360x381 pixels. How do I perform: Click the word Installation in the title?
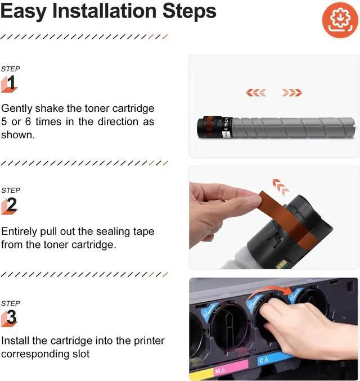coord(105,11)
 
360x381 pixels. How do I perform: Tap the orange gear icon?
coord(340,20)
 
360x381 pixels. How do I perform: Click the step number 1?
coord(11,83)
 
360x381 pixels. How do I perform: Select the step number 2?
coord(12,205)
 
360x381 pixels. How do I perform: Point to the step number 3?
coord(11,317)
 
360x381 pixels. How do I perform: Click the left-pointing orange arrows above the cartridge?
coord(256,92)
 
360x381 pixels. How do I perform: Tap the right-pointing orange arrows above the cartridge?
coord(292,92)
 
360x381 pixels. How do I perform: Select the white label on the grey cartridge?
coord(228,128)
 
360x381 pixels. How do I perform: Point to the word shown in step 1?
coord(18,135)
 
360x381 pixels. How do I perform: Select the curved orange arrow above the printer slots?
coord(270,291)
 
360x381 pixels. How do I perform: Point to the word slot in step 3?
coord(81,354)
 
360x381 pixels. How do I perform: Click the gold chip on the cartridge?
coord(281,265)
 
